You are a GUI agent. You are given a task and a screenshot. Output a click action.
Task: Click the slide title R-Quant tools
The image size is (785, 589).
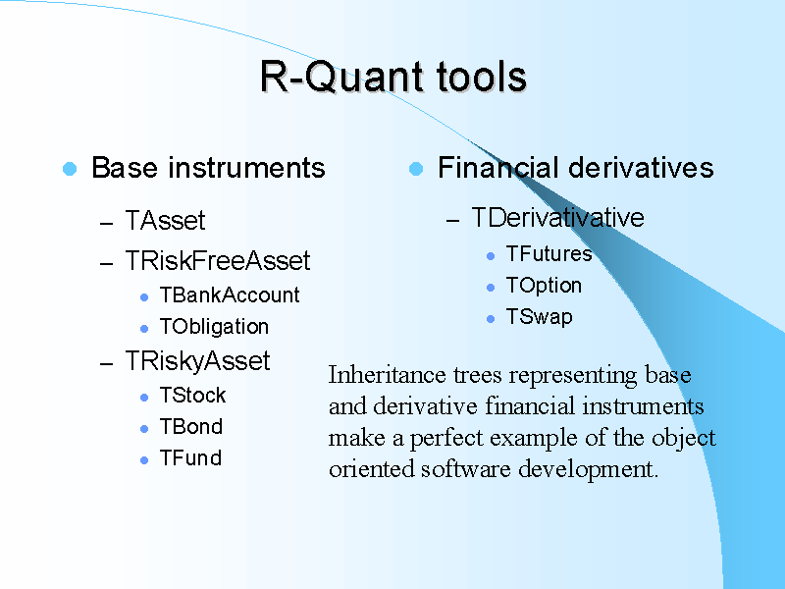pos(392,77)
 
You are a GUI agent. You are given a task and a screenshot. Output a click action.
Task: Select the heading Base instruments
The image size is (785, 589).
pos(207,168)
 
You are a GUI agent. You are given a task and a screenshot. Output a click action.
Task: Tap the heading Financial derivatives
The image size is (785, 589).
pos(575,168)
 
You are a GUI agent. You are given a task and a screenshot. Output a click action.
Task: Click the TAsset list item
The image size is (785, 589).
pos(165,221)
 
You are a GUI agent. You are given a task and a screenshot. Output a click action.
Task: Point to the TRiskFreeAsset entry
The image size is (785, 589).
pos(217,260)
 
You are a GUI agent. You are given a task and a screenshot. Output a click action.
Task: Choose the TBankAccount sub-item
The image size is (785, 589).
pos(229,295)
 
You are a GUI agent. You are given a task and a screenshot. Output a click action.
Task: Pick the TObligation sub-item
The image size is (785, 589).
pos(213,327)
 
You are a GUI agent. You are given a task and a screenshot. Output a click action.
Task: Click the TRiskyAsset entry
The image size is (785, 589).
pos(197,361)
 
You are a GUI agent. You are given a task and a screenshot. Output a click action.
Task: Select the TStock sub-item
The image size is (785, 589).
pos(192,396)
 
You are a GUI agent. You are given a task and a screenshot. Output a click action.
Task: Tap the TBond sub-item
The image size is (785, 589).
pos(190,427)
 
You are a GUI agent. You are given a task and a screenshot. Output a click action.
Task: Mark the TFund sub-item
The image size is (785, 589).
pos(189,458)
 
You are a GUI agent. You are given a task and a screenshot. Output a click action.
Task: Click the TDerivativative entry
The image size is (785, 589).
pos(557,217)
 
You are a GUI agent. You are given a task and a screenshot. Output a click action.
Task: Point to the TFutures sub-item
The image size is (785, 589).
pos(549,254)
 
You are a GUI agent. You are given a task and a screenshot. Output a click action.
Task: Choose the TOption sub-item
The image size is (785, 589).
pos(544,286)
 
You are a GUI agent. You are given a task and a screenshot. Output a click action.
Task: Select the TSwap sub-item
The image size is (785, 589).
pos(539,317)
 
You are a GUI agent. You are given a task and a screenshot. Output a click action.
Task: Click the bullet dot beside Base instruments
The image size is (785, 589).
pos(69,169)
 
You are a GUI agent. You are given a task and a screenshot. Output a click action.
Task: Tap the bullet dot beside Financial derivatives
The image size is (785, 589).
pos(415,169)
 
